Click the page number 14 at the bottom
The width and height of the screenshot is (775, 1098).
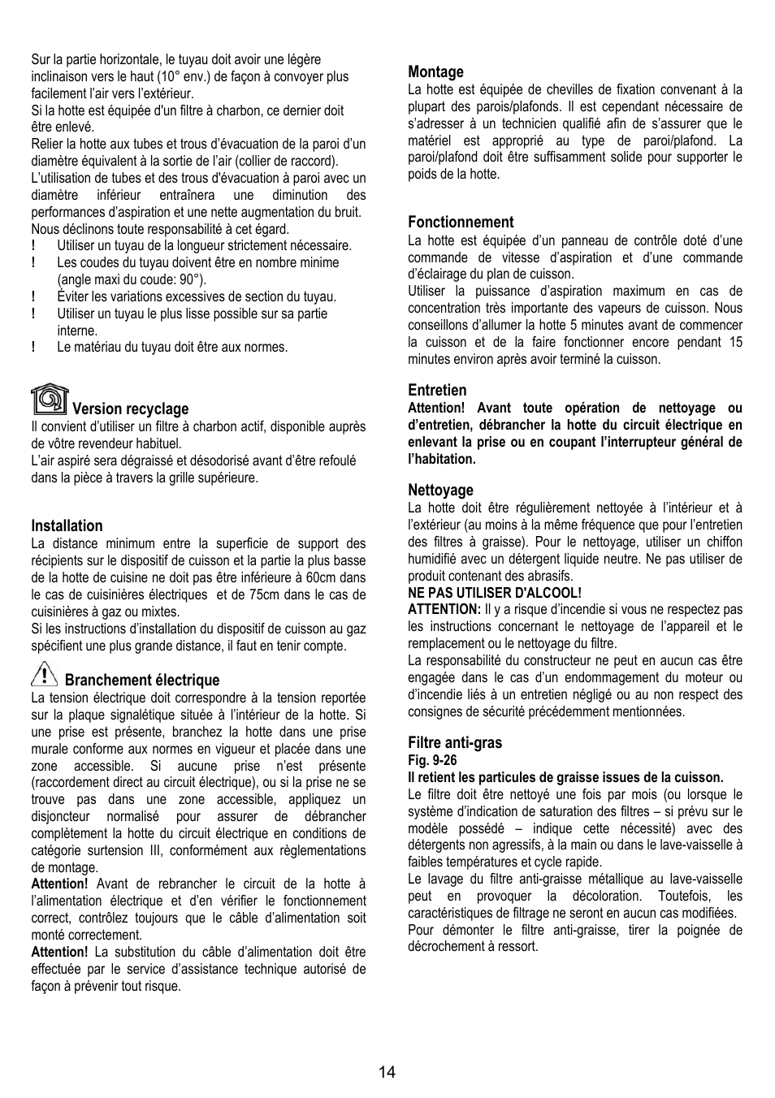click(x=387, y=1072)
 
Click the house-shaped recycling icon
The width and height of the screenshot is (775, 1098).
click(x=50, y=400)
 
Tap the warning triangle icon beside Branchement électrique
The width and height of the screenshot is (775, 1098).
click(x=45, y=675)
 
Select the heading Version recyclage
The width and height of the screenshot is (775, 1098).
click(x=131, y=409)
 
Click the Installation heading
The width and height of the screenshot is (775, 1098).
click(x=67, y=525)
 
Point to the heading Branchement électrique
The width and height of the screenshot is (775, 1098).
click(x=142, y=681)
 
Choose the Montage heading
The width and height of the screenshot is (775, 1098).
click(x=435, y=72)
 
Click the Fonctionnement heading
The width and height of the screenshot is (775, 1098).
click(x=461, y=223)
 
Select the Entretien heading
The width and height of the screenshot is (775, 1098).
click(x=437, y=391)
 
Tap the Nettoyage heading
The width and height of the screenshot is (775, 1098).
click(x=440, y=491)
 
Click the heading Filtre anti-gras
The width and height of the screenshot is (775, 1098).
click(x=455, y=742)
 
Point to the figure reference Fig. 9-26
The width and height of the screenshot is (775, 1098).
click(x=432, y=761)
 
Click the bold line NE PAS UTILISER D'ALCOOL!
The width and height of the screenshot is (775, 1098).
click(x=494, y=593)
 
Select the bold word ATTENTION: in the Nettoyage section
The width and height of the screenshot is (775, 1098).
click(x=444, y=610)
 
